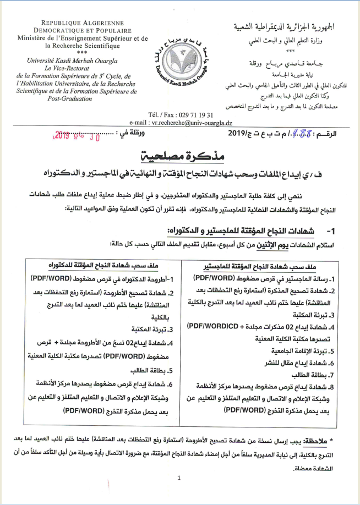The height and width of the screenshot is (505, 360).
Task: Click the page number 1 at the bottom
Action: click(x=179, y=478)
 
